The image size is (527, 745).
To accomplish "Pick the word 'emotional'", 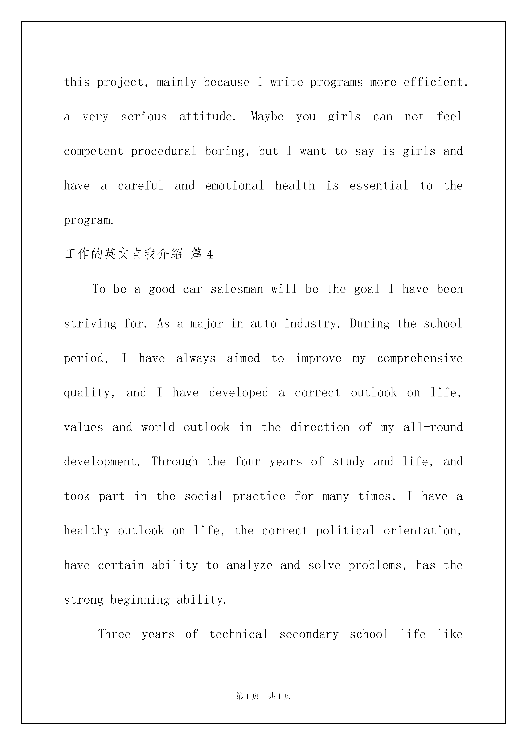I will pyautogui.click(x=234, y=186).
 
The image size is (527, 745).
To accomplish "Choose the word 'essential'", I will pyautogui.click(x=379, y=186).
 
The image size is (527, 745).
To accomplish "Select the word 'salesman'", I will pyautogui.click(x=237, y=289).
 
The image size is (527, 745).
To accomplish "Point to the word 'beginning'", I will pyautogui.click(x=140, y=600).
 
